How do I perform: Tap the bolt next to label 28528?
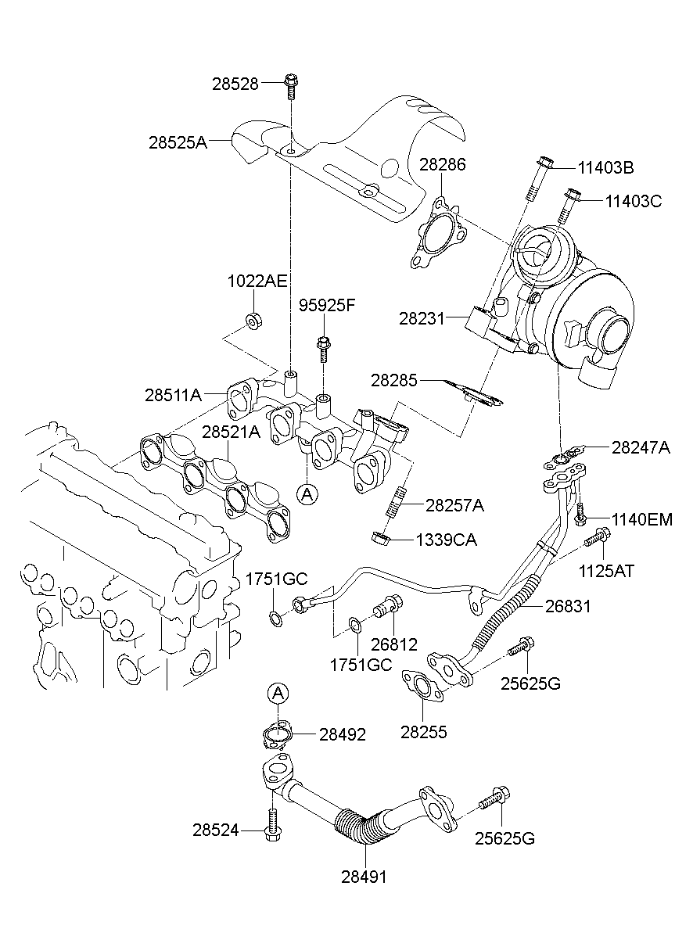click(292, 86)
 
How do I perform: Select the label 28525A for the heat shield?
click(178, 142)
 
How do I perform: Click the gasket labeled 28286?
click(439, 232)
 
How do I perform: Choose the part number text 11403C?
click(633, 201)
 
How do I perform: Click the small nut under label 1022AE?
click(253, 320)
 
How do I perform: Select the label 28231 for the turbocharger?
click(422, 318)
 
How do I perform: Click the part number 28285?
click(394, 381)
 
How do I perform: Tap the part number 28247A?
click(641, 447)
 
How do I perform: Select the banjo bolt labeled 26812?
click(388, 605)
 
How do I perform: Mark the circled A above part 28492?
click(279, 693)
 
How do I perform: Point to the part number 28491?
click(364, 877)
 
